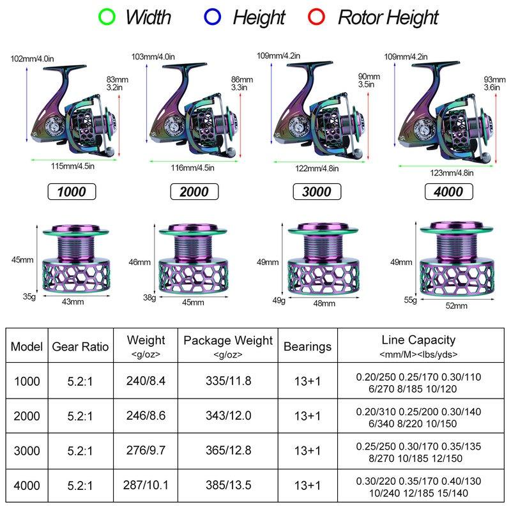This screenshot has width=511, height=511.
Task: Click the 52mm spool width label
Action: coord(456,305)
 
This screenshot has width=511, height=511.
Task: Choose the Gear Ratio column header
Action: coord(80,347)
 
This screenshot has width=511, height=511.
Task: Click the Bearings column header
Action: coord(307,347)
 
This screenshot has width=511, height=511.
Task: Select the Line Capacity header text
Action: coord(418,340)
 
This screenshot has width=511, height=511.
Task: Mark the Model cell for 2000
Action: coord(26,416)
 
